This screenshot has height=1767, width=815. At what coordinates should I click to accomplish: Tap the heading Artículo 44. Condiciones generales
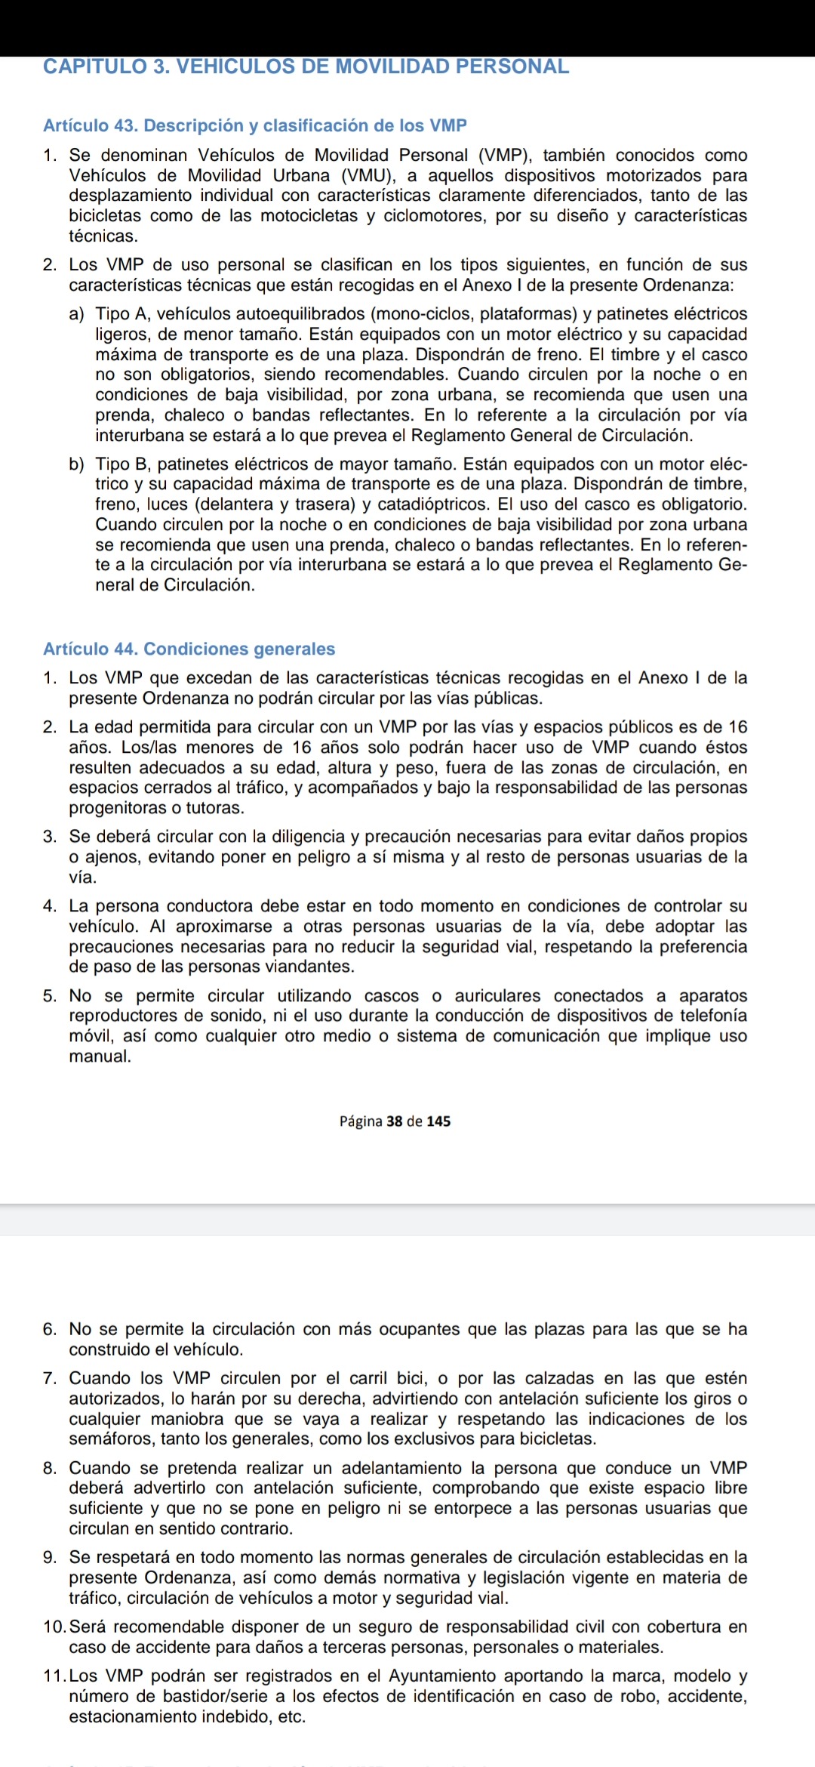pyautogui.click(x=189, y=649)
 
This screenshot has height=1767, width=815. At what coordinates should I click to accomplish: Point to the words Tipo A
pyautogui.click(x=124, y=314)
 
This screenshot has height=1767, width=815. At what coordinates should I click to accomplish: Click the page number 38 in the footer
pyautogui.click(x=395, y=1121)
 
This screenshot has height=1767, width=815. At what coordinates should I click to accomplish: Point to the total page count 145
pyautogui.click(x=438, y=1121)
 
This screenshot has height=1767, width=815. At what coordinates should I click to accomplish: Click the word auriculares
pyautogui.click(x=497, y=996)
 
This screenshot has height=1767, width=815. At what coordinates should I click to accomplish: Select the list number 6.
pyautogui.click(x=50, y=1329)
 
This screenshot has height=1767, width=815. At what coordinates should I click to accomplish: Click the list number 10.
pyautogui.click(x=54, y=1627)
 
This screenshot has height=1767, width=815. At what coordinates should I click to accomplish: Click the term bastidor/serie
pyautogui.click(x=198, y=1696)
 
